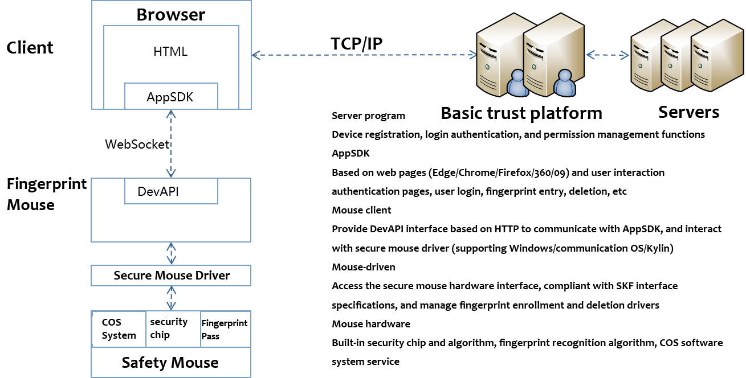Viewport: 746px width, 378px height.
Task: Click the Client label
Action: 30,48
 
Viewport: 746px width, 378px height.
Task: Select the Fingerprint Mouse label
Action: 46,194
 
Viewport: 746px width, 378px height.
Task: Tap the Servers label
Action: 686,112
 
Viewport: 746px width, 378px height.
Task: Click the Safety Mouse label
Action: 170,363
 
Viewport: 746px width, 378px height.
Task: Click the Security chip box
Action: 170,329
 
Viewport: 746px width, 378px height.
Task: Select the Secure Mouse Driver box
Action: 170,276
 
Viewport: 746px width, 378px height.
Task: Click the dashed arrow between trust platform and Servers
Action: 608,55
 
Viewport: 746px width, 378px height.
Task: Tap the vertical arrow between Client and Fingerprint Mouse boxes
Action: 170,143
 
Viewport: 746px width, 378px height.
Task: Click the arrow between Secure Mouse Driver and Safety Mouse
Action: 170,298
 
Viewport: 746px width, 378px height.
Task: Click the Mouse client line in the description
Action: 361,210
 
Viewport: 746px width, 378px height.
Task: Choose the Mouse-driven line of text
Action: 363,267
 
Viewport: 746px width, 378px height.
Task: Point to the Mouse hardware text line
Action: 371,324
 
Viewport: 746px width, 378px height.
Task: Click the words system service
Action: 365,361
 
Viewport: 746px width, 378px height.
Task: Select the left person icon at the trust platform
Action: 518,84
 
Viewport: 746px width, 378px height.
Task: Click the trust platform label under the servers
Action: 527,113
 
